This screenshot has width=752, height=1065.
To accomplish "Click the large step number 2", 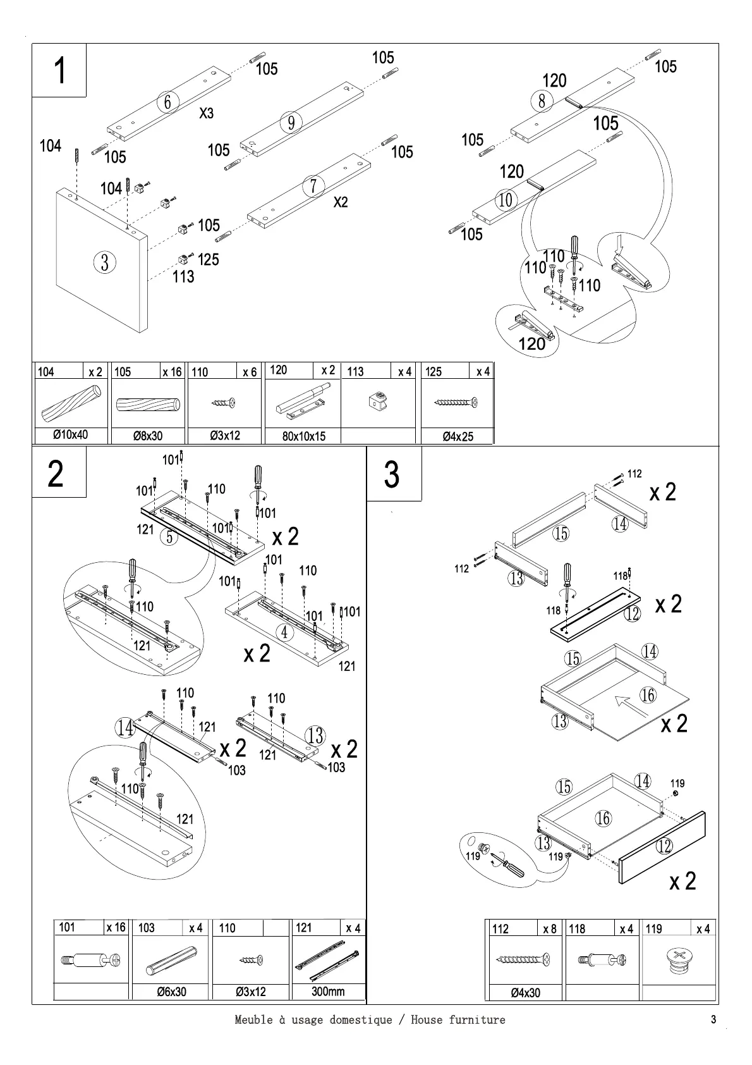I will click(56, 474).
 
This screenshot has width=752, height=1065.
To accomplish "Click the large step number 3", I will click(392, 474).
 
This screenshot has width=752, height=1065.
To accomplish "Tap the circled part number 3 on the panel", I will click(105, 262).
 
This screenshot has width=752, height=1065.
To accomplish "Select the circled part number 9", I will click(291, 122).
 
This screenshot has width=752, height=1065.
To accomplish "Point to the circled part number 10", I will click(506, 200).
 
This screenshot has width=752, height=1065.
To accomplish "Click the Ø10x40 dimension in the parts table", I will click(71, 435).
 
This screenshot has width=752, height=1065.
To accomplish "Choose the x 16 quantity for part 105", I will click(172, 372).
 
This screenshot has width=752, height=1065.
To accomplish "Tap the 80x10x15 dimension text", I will click(304, 436).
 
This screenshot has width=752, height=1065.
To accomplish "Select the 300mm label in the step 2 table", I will click(328, 991).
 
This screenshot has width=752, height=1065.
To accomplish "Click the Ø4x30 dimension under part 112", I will click(525, 993).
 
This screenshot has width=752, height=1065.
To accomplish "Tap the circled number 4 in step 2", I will click(285, 632).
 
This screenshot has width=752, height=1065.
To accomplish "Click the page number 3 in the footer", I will click(713, 1019).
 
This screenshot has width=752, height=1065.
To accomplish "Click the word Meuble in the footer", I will click(253, 1019).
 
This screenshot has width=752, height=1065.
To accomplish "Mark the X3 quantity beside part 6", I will click(207, 113).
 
